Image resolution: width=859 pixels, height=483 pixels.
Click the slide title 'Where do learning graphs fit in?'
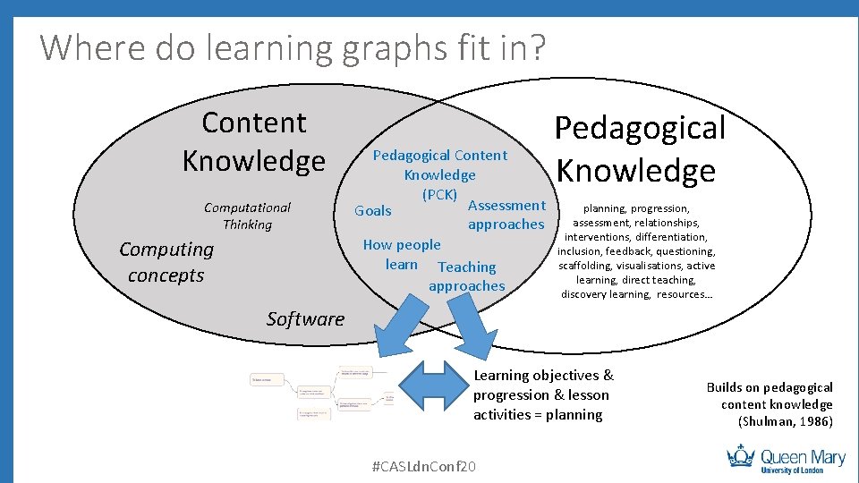[292, 47]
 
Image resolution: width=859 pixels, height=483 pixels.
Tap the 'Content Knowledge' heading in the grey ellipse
[254, 141]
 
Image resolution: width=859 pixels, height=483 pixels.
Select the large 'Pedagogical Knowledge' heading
[639, 148]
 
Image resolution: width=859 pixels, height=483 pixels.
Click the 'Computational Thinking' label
[247, 216]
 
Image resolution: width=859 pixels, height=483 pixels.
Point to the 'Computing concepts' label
[166, 262]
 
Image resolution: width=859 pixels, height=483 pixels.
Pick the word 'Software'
[305, 318]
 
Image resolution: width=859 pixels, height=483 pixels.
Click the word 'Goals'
[373, 211]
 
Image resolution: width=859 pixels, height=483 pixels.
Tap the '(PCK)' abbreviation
[439, 194]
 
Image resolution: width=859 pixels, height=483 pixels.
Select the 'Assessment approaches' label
[506, 215]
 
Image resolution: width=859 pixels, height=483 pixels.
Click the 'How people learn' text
[402, 254]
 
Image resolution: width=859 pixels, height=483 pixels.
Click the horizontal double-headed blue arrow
[432, 384]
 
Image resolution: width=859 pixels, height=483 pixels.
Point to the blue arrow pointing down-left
[394, 326]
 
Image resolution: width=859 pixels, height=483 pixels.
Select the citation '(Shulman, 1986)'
[785, 421]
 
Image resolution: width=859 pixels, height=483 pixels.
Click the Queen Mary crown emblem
[742, 457]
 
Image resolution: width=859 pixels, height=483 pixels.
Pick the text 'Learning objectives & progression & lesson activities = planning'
[543, 394]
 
